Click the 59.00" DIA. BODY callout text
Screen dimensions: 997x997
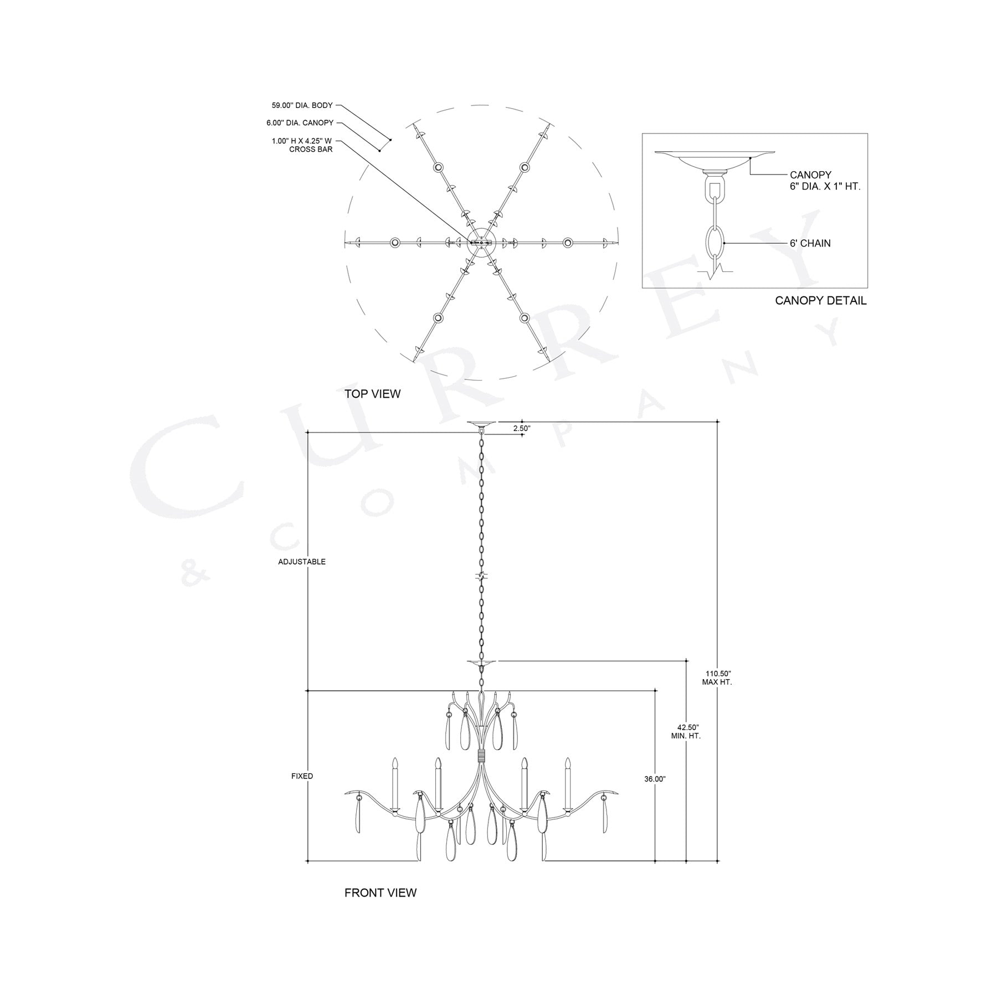tap(302, 105)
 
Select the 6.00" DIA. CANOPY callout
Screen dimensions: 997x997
tap(300, 123)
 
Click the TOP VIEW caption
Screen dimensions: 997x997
tap(372, 394)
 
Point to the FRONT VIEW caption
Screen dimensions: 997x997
tap(380, 908)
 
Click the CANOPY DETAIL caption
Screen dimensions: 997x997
tap(820, 301)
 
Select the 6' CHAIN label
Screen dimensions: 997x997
tap(810, 243)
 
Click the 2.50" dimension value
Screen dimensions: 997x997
tap(522, 428)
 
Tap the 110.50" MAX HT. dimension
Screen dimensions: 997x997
tap(717, 677)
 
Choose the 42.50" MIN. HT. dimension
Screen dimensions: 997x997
tap(686, 731)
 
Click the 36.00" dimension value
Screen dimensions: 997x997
tap(655, 779)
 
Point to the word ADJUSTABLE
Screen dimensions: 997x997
tap(302, 562)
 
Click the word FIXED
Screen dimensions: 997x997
tap(302, 776)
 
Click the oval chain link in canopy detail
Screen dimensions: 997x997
tap(715, 243)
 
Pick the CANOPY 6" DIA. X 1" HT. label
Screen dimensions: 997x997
tap(825, 181)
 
